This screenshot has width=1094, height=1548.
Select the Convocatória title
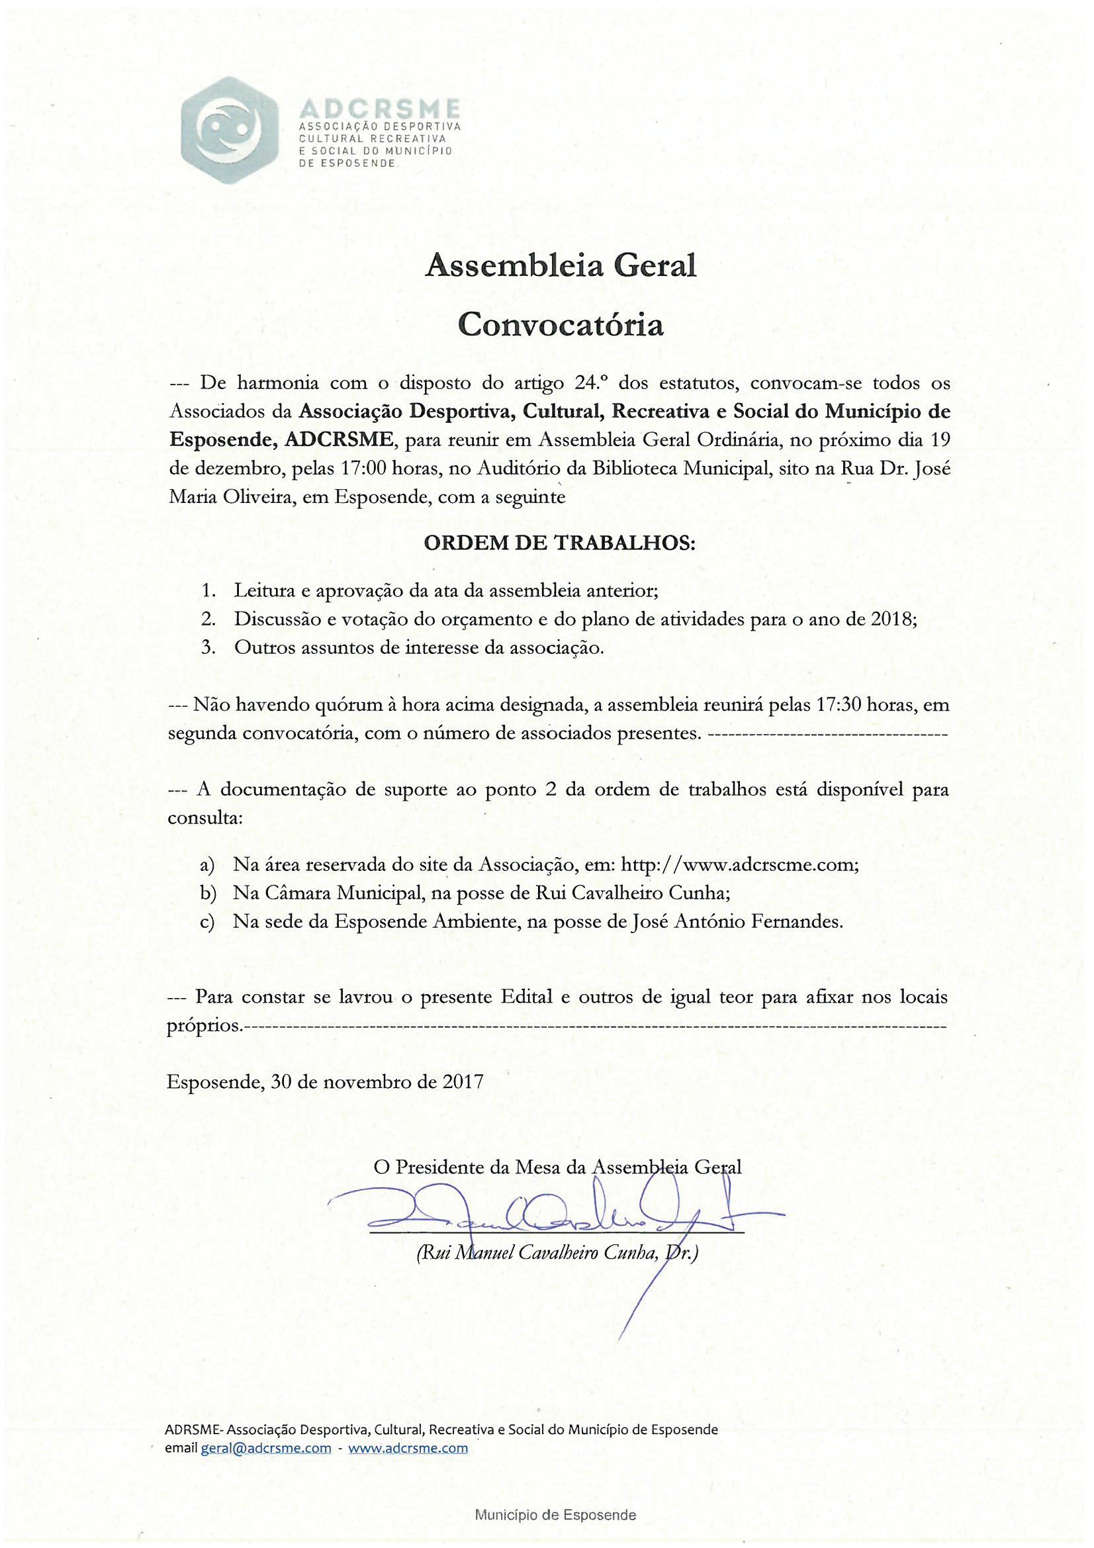click(560, 325)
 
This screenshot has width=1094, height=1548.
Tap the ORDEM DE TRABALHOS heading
click(559, 543)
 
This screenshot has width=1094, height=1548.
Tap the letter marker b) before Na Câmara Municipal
click(207, 893)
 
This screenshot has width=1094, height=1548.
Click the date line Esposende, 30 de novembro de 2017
click(325, 1081)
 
